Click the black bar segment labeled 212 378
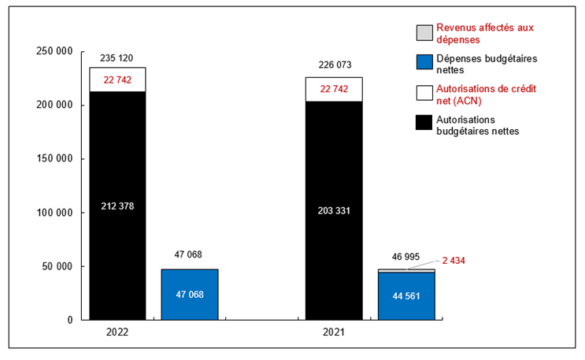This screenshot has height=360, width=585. (x=117, y=206)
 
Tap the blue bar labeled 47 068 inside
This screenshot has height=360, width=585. (x=189, y=294)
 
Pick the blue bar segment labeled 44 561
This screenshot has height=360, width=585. (x=406, y=295)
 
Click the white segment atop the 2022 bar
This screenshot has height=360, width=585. (x=117, y=80)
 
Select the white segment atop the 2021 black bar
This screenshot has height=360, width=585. (x=334, y=89)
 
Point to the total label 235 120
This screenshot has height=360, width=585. (x=117, y=58)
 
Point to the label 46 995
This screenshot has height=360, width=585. (x=406, y=258)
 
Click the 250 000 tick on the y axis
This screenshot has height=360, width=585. (x=55, y=51)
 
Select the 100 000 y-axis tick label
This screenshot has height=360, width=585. (x=55, y=213)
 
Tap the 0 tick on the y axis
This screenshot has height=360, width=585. (x=69, y=320)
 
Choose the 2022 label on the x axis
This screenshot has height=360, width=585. (x=117, y=333)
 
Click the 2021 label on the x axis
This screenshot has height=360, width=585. (x=334, y=333)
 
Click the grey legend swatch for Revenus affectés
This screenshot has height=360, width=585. (x=424, y=32)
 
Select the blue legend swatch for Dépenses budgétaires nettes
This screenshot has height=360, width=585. (x=424, y=63)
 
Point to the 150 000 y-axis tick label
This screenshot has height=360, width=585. (x=55, y=158)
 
